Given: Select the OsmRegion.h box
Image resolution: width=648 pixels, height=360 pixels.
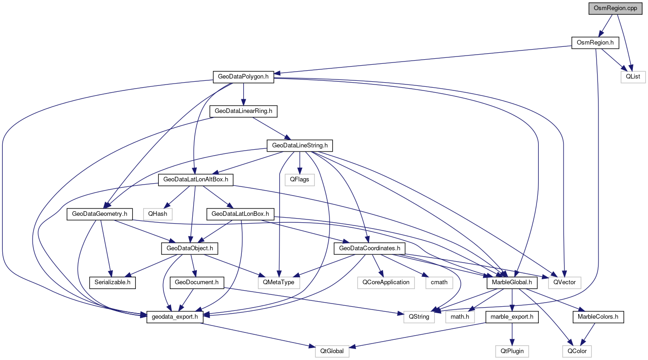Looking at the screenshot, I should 595,43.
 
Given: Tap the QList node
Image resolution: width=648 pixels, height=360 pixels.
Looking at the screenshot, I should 633,76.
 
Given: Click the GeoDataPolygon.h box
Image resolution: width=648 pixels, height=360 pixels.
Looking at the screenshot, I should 243,77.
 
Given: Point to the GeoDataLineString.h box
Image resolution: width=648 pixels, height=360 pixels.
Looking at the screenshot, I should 300,146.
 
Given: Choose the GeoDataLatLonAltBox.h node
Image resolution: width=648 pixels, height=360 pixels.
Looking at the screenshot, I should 196,180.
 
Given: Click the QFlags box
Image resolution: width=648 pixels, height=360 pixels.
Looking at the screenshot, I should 299,180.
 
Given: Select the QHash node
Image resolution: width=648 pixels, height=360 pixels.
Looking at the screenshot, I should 157,214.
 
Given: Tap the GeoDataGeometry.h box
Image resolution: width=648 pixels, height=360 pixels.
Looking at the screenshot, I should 100,214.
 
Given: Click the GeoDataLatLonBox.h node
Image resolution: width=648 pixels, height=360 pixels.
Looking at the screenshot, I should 240,214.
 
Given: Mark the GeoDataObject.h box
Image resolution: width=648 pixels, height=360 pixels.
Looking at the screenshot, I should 189,248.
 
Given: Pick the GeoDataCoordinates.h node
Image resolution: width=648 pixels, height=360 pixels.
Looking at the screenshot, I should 369,248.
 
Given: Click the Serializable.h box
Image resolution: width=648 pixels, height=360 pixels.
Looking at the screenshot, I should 112,282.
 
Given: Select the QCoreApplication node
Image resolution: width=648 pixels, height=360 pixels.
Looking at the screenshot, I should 385,282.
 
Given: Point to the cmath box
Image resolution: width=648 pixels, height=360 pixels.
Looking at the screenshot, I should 439,282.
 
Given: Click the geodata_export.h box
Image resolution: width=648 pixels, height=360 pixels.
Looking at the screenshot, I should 175,316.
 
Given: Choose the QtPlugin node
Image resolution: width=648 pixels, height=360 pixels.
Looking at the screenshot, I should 512,351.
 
